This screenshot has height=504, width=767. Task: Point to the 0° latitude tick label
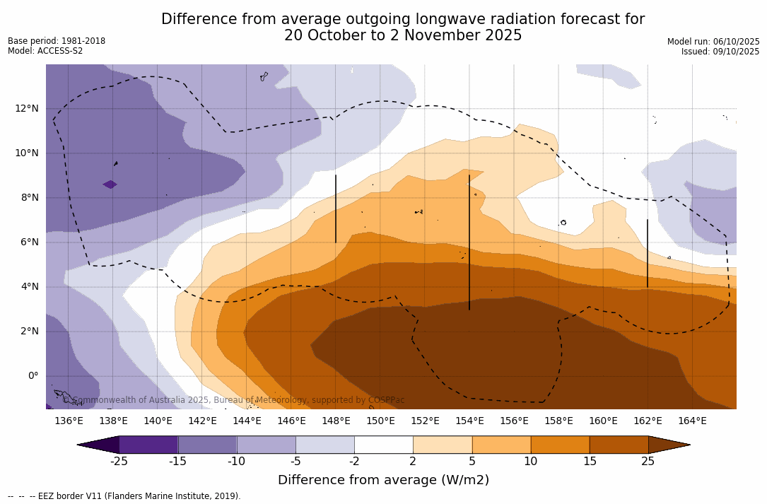[33, 375]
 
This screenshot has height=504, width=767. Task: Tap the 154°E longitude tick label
[469, 421]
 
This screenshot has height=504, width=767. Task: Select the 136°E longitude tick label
[69, 421]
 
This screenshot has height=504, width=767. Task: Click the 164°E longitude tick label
[692, 421]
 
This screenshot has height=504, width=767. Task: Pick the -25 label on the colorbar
[119, 462]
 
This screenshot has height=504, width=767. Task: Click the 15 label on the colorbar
[589, 462]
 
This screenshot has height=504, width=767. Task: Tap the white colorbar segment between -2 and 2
[383, 445]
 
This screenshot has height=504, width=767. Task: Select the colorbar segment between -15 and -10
[207, 445]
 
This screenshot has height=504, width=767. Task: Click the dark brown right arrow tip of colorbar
[668, 445]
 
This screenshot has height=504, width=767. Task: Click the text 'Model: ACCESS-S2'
[45, 51]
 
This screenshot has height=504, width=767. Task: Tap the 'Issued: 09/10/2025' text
[720, 52]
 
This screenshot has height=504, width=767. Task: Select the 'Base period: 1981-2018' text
[57, 41]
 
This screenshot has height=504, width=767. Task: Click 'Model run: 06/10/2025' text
[713, 42]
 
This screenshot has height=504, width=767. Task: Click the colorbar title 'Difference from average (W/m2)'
[383, 481]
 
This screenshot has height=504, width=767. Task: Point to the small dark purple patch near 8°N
[110, 184]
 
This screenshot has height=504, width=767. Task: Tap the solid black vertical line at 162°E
[648, 253]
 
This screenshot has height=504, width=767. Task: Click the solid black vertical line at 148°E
[336, 209]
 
